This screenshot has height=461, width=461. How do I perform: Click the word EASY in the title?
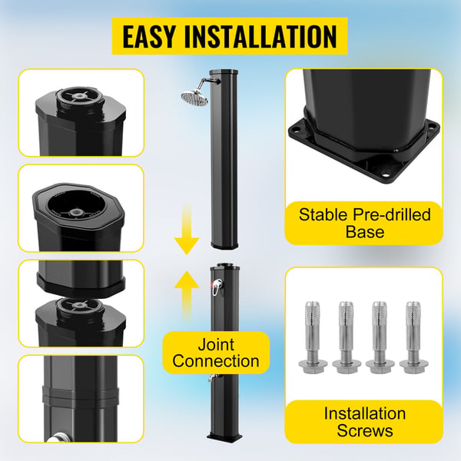(148, 36)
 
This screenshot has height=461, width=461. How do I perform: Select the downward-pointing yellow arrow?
(187, 229)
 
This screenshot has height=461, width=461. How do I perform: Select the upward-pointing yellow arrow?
(187, 297)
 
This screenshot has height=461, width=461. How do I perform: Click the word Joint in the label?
(216, 344)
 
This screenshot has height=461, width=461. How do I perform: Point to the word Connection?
(216, 361)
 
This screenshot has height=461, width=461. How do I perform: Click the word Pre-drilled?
(392, 214)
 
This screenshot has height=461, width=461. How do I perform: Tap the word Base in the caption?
(364, 232)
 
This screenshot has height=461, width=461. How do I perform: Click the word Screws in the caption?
(364, 430)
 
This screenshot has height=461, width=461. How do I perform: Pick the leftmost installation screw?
(313, 337)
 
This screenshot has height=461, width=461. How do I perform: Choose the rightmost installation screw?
(414, 337)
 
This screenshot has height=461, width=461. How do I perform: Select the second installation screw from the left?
(347, 337)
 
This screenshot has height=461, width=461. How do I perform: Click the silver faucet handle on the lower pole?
(217, 287)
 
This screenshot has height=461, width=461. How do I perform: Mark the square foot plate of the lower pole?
(224, 436)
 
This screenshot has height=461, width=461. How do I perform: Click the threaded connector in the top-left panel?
(80, 99)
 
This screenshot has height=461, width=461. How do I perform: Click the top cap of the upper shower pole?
(224, 71)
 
